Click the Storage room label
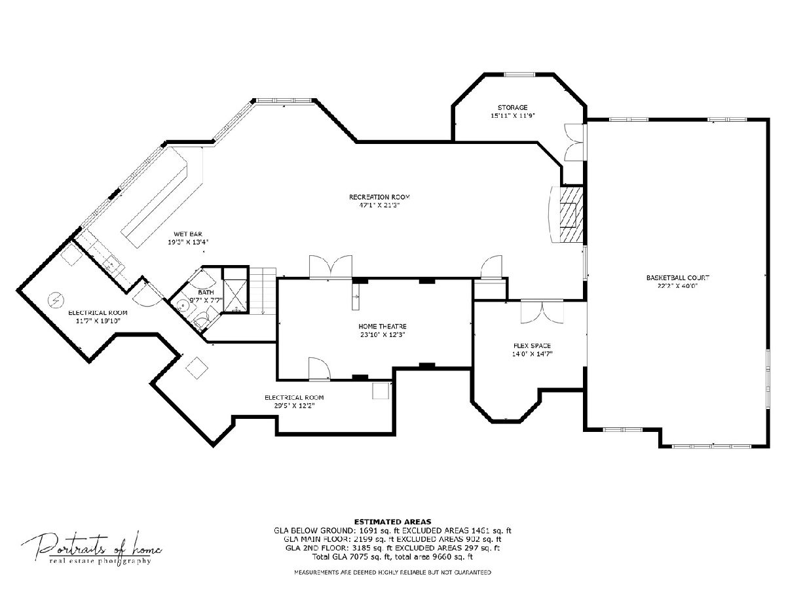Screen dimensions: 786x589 pos(512,107)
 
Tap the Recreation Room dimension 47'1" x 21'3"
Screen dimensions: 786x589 pos(379,205)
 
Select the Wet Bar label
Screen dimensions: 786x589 pos(188,234)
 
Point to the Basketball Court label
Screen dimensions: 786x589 pos(677,277)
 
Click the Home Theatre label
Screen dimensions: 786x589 pos(383,326)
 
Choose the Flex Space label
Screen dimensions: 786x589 pos(532,346)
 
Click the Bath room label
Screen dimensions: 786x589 pos(206,292)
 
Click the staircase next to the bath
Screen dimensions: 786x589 pos(263,291)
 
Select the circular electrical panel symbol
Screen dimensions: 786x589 pos(56,300)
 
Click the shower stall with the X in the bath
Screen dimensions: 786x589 pos(235,295)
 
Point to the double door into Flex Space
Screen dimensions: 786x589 pos(542,312)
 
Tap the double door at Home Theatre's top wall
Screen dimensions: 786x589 pos(331,266)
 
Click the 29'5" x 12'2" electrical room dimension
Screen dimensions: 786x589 pos(294,406)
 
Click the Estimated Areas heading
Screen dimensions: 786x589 pos(392,522)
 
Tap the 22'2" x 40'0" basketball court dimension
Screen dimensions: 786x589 pos(677,286)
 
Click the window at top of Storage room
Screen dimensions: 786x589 pos(519,75)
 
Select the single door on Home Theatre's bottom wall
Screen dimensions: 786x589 pos(320,368)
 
